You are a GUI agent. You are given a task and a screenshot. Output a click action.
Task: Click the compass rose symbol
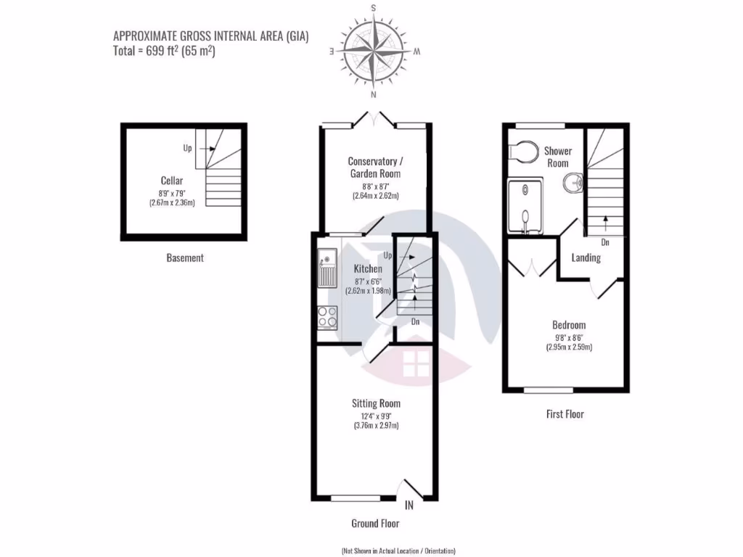374,52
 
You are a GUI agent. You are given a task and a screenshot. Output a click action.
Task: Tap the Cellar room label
172,181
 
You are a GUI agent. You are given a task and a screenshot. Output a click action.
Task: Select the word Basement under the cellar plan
185,257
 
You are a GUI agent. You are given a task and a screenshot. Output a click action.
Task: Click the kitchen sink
327,268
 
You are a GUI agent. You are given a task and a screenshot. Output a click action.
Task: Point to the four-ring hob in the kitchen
327,316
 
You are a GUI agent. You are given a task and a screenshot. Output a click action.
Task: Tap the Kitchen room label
368,269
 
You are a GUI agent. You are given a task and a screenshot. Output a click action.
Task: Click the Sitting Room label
376,403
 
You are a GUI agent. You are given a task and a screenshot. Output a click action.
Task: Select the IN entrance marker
409,505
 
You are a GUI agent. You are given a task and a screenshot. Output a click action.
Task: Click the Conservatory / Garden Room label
374,168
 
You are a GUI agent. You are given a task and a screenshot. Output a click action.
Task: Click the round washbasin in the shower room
572,182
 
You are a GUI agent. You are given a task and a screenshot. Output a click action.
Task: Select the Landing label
586,257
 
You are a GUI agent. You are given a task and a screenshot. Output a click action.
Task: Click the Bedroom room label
569,325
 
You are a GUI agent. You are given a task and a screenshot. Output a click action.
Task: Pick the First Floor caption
565,414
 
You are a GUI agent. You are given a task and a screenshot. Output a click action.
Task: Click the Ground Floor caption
375,523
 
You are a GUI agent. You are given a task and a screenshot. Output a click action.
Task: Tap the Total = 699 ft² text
164,51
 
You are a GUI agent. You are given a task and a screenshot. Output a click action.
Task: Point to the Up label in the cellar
188,148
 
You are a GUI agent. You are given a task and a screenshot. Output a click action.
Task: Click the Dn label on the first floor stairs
605,242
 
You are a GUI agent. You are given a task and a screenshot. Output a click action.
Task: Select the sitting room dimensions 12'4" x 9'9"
376,415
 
